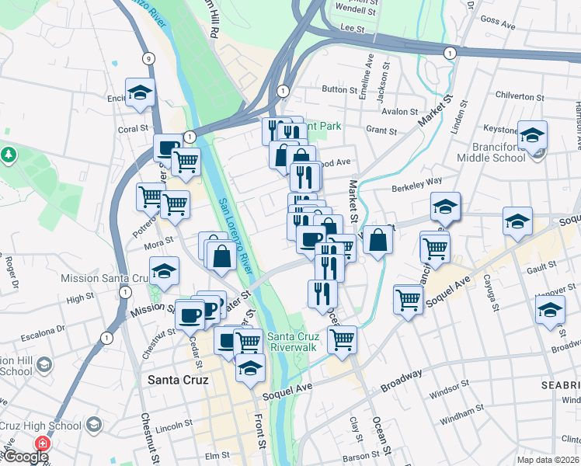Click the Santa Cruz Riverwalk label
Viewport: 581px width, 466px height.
pyautogui.click(x=291, y=342)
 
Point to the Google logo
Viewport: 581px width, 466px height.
pyautogui.click(x=26, y=457)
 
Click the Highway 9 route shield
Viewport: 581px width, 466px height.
pyautogui.click(x=148, y=58)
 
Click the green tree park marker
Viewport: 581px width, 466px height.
pyautogui.click(x=9, y=154)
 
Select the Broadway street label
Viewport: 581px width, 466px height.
pyautogui.click(x=402, y=379)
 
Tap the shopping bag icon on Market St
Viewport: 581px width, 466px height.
pyautogui.click(x=377, y=241)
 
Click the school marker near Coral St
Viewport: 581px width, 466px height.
pyautogui.click(x=140, y=92)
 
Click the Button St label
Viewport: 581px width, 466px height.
pyautogui.click(x=339, y=89)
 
